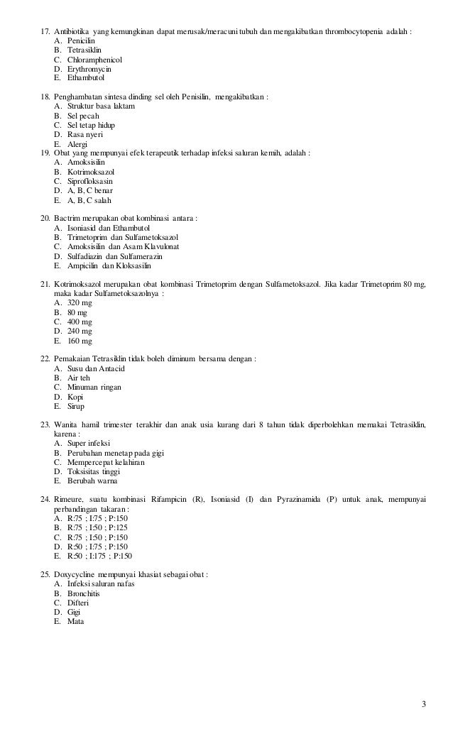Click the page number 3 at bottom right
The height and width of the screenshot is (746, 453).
(423, 704)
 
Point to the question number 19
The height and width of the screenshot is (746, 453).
(44, 153)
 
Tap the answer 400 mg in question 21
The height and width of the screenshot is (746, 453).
(80, 322)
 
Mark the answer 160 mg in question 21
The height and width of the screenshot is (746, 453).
(80, 341)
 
